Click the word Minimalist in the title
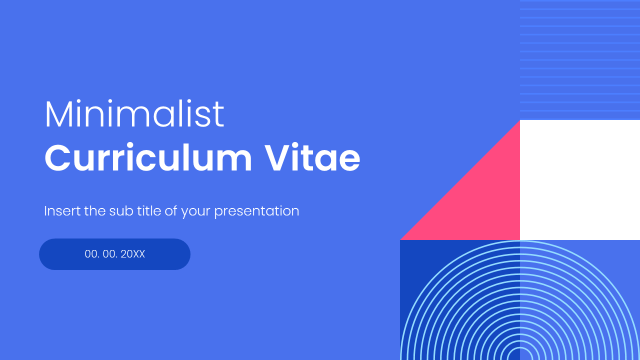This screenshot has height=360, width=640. tap(134, 114)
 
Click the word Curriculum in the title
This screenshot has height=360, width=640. tap(148, 158)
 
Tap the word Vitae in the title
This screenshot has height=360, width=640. tap(312, 158)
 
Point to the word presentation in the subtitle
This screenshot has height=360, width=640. tap(256, 211)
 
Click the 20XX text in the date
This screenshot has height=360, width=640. tap(133, 254)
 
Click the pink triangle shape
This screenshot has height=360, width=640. tap(480, 200)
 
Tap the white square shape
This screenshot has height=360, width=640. tap(580, 180)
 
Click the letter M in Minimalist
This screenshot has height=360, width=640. tap(56, 114)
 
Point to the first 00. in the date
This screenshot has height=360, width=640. tap(92, 254)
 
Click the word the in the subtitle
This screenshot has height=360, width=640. tap(94, 211)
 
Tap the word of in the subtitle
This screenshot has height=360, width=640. tap(171, 211)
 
